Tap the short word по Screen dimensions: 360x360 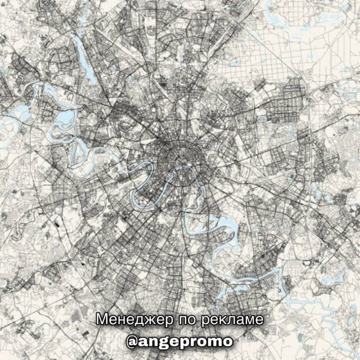(187, 319)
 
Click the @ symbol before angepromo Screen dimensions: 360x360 (134, 341)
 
